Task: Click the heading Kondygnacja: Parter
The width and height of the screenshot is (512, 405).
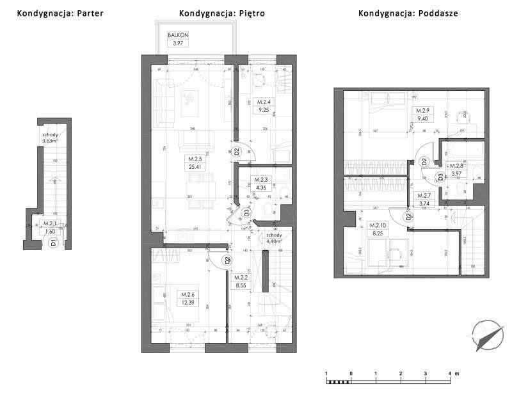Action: (x=60, y=13)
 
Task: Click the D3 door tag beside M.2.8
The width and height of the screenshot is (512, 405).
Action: (x=439, y=178)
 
